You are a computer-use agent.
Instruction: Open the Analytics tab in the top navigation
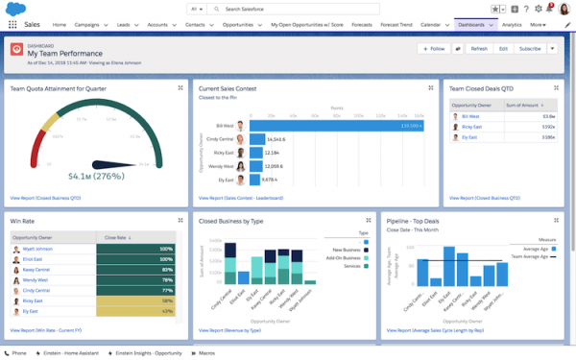(512, 24)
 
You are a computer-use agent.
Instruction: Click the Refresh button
(479, 48)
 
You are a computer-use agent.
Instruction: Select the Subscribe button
(529, 48)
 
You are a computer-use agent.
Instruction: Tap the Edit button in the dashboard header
(503, 48)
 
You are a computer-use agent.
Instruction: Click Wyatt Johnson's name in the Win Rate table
(38, 248)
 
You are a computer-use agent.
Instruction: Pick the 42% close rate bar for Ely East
(134, 312)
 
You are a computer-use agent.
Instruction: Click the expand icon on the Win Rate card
(180, 220)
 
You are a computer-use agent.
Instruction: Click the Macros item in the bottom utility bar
(204, 353)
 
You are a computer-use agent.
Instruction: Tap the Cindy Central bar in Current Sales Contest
(257, 139)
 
